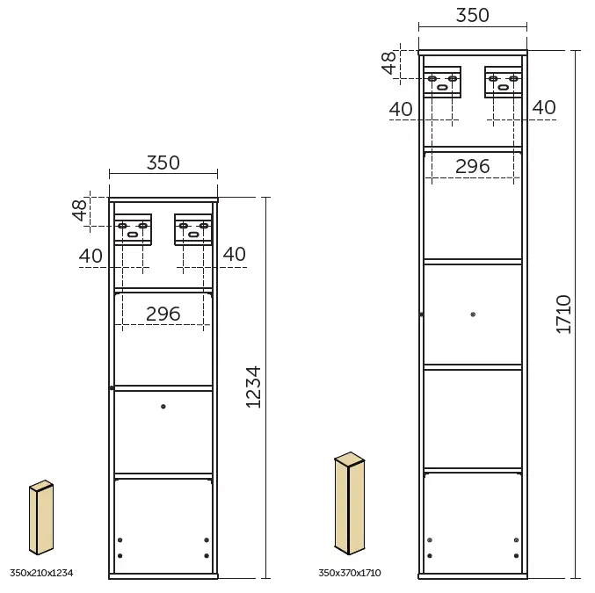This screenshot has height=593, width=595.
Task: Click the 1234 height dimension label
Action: pos(253,387)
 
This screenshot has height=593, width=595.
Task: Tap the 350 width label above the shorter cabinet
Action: pos(163,163)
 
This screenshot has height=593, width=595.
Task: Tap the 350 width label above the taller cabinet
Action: pos(472,15)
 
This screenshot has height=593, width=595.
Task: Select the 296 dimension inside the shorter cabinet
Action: pos(163,314)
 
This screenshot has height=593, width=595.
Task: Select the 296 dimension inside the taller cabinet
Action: pos(472,166)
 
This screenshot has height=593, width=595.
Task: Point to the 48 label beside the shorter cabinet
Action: pos(80,210)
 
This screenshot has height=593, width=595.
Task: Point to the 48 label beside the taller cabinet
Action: pos(389,62)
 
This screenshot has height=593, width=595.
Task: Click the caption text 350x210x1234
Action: pos(41,573)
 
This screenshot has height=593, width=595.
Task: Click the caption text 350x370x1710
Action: pos(350,573)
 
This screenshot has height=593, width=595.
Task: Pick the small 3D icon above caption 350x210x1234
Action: pos(41,517)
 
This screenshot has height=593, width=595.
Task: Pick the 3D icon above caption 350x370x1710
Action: pos(349,503)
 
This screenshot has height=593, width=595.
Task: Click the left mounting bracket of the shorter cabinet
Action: pos(133,228)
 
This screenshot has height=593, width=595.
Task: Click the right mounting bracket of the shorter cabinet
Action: pos(193,228)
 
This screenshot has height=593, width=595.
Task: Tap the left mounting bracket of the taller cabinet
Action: pos(442,81)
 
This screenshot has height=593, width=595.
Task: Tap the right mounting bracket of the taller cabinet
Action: pos(503,81)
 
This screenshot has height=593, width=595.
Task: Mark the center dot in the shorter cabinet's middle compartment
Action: pos(163,406)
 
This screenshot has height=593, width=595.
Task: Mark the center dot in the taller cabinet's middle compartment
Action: pos(473,314)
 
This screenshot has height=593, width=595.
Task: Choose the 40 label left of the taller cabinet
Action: pos(401,109)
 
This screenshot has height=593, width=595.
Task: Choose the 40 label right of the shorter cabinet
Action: pos(234,255)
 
